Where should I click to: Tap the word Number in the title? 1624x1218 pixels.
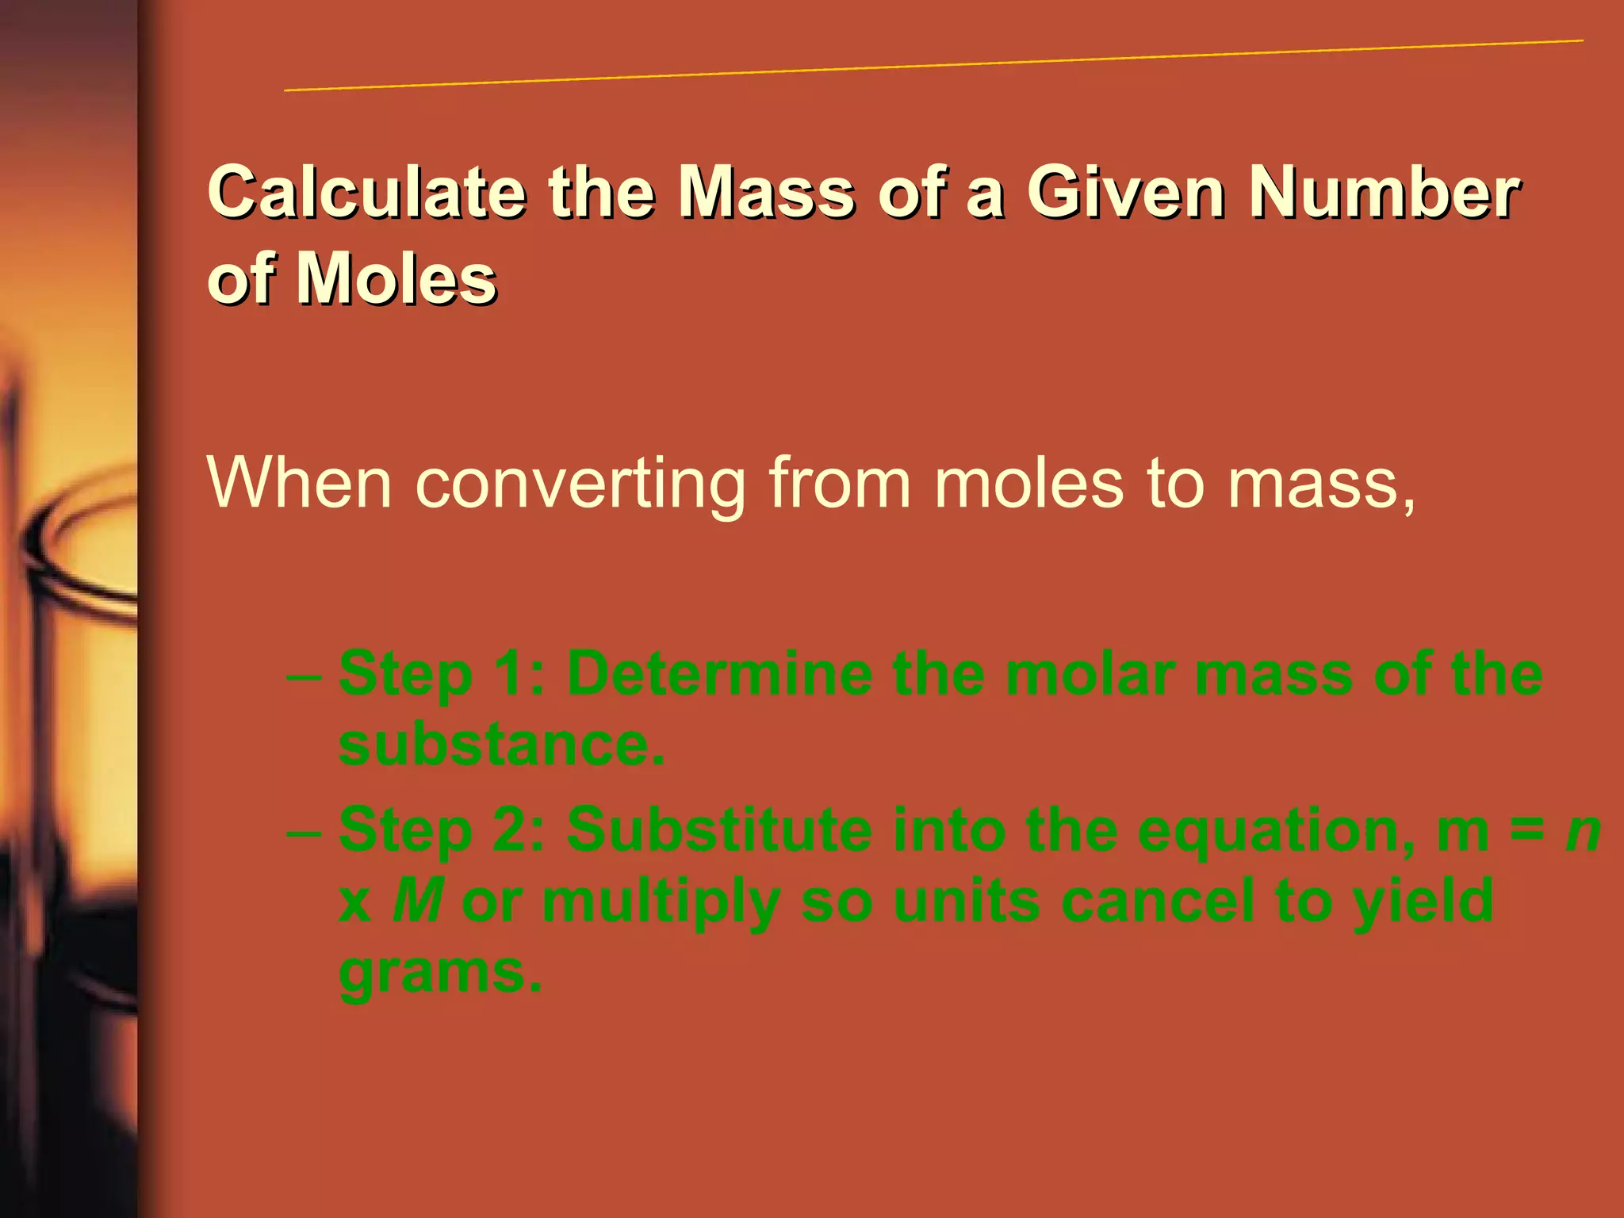click(1384, 192)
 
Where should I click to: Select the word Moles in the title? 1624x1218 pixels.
click(396, 279)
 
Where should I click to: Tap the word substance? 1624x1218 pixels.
click(501, 745)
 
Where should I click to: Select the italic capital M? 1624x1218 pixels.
click(417, 901)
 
